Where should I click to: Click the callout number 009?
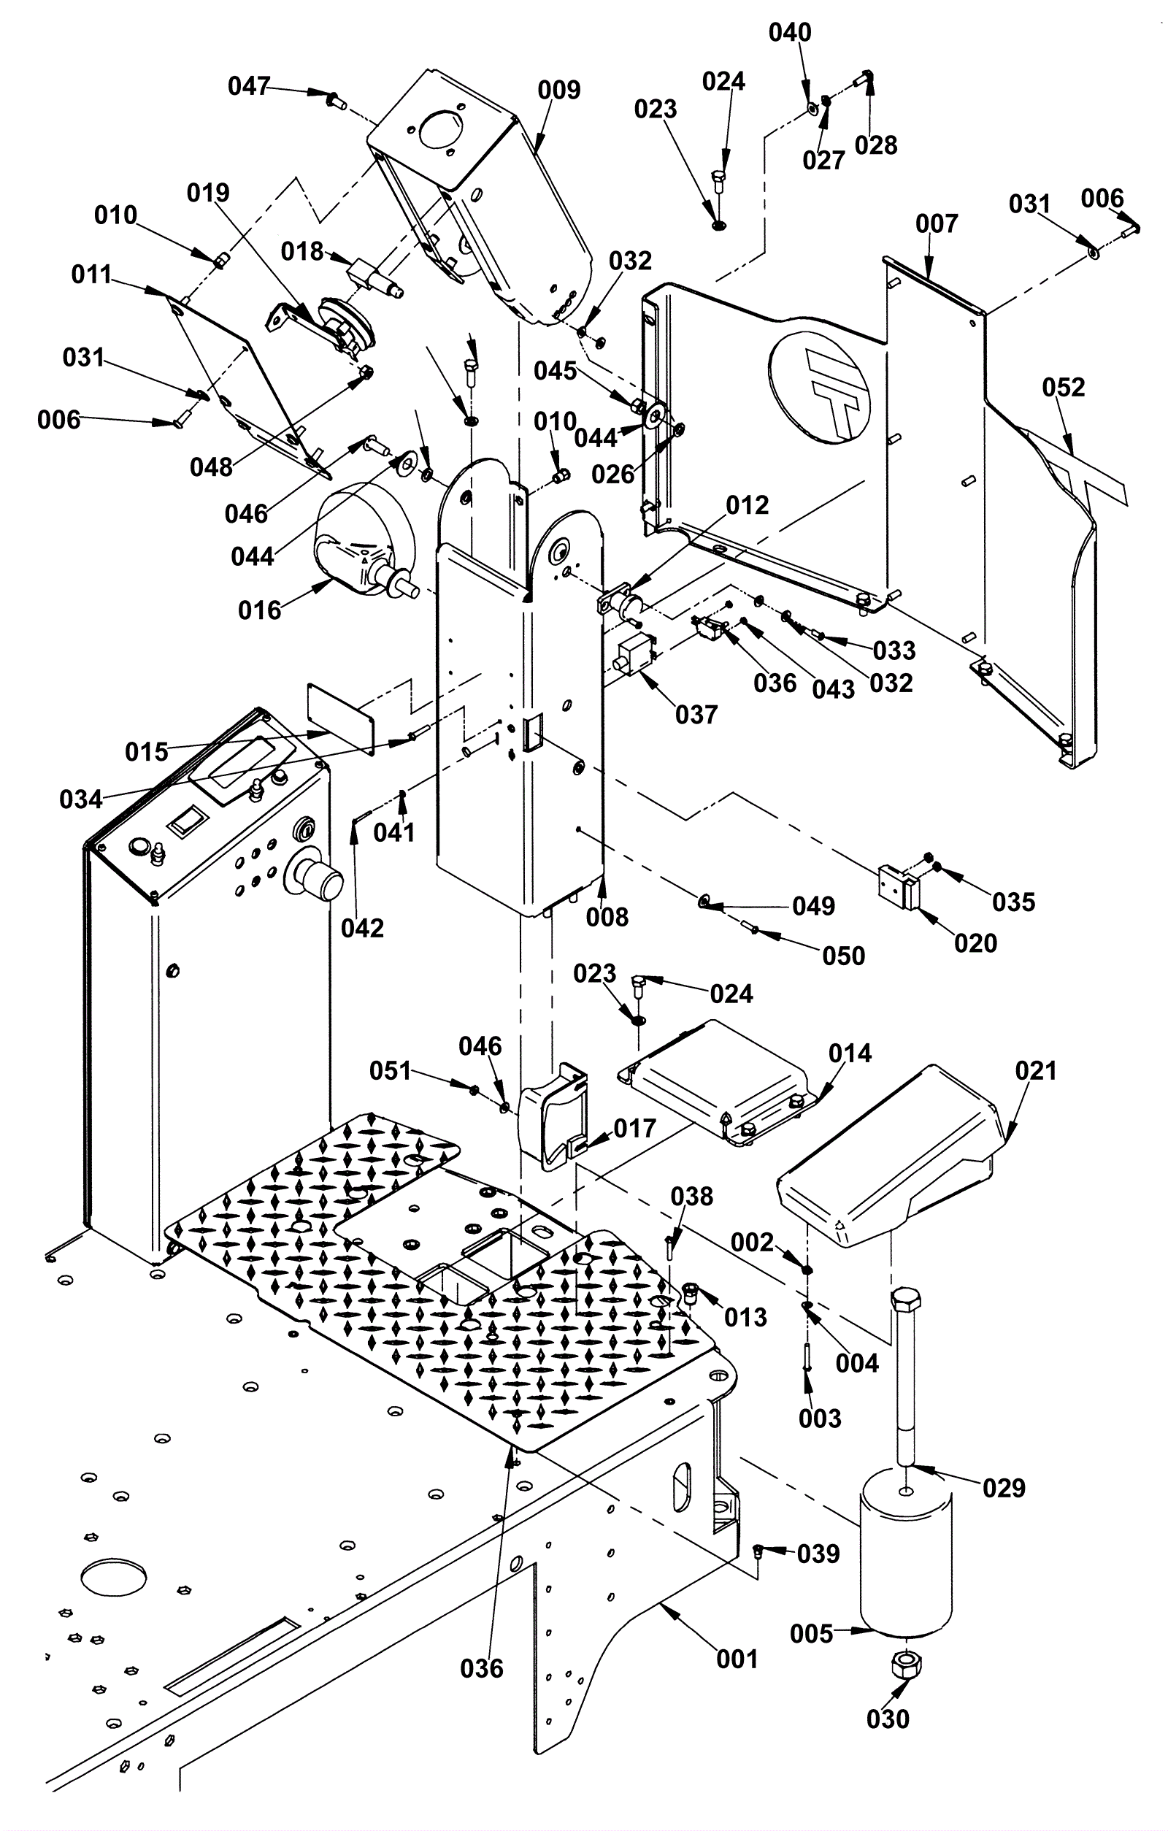559,91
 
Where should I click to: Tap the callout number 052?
1063,388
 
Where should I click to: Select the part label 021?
1036,1072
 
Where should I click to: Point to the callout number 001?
737,1659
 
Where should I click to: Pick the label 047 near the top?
249,87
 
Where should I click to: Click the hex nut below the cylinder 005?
905,1666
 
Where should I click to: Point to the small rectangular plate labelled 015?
341,717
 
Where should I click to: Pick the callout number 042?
362,929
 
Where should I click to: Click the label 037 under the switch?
696,715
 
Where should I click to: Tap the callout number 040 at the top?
790,33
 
